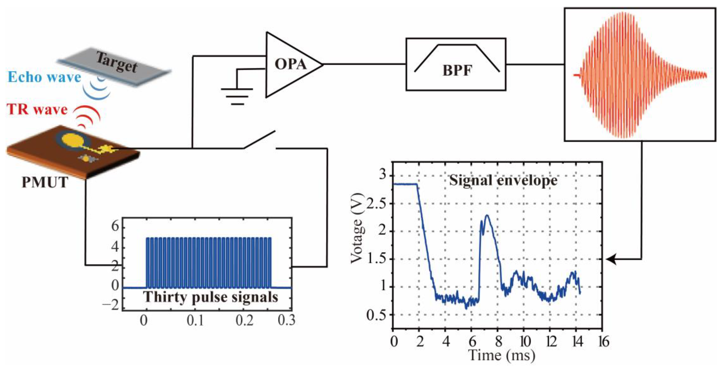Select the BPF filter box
click(x=456, y=64)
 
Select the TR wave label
click(x=37, y=109)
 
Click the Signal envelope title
click(x=503, y=180)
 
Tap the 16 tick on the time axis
click(x=603, y=341)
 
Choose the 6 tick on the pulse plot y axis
click(x=115, y=226)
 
